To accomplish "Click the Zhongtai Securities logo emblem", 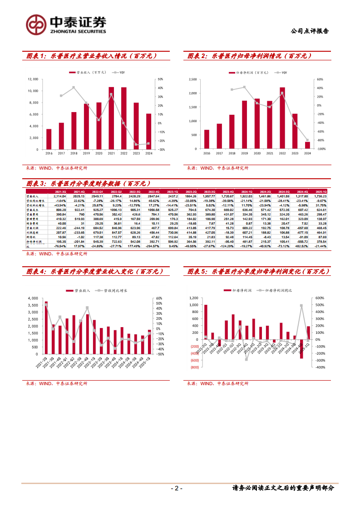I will pyautogui.click(x=35, y=24).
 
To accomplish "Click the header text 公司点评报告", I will pyautogui.click(x=309, y=31).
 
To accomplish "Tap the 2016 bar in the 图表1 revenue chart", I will pyautogui.click(x=49, y=139).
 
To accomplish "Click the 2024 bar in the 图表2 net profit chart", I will pyautogui.click(x=307, y=146).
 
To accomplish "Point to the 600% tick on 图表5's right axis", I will pyautogui.click(x=320, y=298).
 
